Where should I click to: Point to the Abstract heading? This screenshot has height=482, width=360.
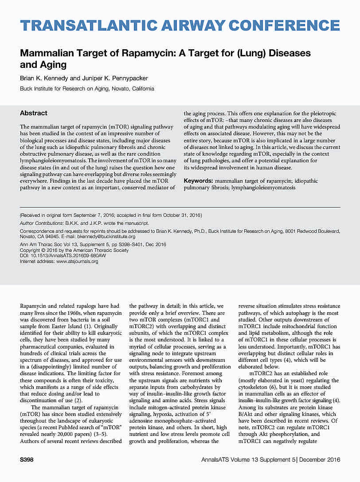(34, 113)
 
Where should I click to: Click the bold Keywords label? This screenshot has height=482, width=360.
(198, 181)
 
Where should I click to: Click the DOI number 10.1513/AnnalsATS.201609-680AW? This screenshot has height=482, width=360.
(68, 256)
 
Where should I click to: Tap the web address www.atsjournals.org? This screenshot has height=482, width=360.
(77, 262)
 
